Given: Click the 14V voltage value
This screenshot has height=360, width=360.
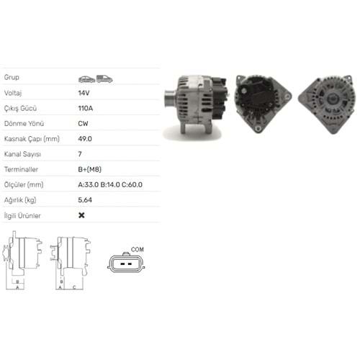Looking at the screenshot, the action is [84, 93].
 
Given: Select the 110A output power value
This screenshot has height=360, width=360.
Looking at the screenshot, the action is [86, 108].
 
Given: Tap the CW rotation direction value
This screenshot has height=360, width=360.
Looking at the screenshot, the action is [83, 124].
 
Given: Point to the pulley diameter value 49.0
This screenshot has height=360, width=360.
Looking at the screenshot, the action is [85, 139].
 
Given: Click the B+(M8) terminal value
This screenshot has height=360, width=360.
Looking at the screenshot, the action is [90, 169].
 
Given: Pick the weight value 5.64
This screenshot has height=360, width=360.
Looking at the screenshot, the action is [85, 200].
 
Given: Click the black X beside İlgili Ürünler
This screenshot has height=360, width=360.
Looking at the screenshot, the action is [81, 215].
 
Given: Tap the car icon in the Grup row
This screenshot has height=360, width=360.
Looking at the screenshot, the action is [87, 79].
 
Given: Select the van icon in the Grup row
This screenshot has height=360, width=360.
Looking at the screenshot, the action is [104, 78].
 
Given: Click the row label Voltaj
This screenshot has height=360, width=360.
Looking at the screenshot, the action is [13, 93].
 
